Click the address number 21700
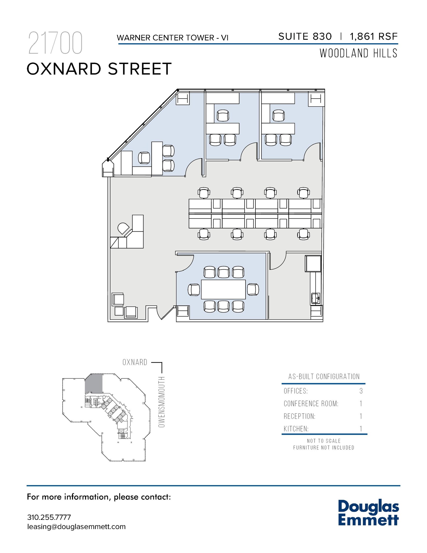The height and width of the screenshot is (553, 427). [55, 43]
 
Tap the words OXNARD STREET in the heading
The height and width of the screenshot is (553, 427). [99, 69]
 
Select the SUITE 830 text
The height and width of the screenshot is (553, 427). [305, 36]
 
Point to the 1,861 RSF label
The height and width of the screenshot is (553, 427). [374, 36]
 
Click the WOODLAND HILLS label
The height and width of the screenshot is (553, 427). [358, 53]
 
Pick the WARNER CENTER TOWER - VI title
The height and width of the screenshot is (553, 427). [173, 38]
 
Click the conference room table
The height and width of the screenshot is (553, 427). [223, 289]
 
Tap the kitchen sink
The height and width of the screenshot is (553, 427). [316, 298]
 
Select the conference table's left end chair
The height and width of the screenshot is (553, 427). [194, 290]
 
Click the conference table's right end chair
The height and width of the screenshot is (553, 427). [253, 289]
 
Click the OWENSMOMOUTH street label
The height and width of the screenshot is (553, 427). [162, 402]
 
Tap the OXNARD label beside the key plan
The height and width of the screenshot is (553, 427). [135, 362]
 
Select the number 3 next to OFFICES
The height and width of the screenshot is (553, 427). [361, 391]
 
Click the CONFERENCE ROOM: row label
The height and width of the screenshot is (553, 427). [311, 404]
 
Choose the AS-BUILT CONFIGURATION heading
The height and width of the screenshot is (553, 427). [324, 376]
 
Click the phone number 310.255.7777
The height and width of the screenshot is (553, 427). [49, 517]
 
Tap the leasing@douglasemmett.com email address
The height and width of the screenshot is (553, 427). [76, 527]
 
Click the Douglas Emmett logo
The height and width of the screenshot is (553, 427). [368, 513]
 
